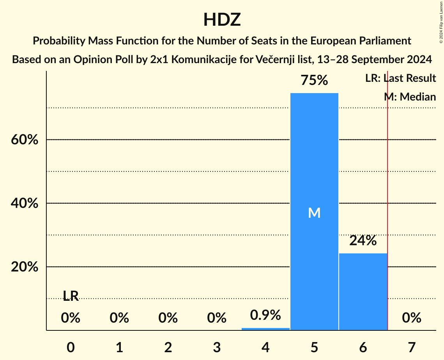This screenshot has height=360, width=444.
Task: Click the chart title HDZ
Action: (222, 19)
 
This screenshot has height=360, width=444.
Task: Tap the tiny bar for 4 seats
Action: (265, 329)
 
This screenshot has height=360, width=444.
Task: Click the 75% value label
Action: (314, 81)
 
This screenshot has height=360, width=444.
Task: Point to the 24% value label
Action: (363, 241)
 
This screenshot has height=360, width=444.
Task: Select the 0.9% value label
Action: (265, 315)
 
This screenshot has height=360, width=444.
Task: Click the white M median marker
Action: (314, 213)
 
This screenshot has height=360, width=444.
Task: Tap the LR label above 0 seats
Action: (71, 296)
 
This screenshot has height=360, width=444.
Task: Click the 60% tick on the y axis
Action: (25, 140)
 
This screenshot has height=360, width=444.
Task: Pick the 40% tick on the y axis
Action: (25, 203)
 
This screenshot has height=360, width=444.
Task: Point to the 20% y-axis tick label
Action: (25, 267)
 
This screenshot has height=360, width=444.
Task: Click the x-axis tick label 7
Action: (412, 347)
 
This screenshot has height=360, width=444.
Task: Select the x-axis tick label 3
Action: (217, 347)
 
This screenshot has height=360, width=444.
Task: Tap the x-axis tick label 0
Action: (71, 347)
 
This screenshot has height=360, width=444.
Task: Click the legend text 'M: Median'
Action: (410, 97)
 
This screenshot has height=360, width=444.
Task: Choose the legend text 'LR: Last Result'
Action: (401, 78)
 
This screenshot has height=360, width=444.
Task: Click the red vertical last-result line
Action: (387, 195)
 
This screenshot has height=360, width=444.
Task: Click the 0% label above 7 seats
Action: (412, 318)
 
